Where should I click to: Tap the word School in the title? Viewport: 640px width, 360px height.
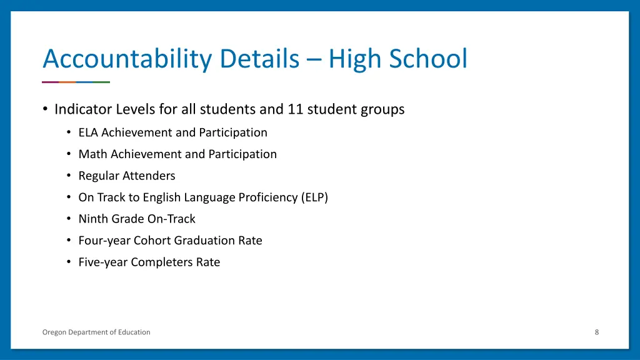[x=428, y=59]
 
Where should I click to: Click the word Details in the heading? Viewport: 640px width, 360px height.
[x=256, y=59]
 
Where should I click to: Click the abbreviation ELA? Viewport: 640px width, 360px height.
[x=89, y=132]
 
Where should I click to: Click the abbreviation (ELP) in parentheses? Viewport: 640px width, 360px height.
[x=314, y=197]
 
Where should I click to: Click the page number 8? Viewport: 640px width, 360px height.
[x=597, y=332]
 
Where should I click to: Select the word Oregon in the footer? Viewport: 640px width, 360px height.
[x=54, y=332]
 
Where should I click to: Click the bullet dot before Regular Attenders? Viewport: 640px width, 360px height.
[x=68, y=176]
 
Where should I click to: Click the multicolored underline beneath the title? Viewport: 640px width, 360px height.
[x=76, y=82]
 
